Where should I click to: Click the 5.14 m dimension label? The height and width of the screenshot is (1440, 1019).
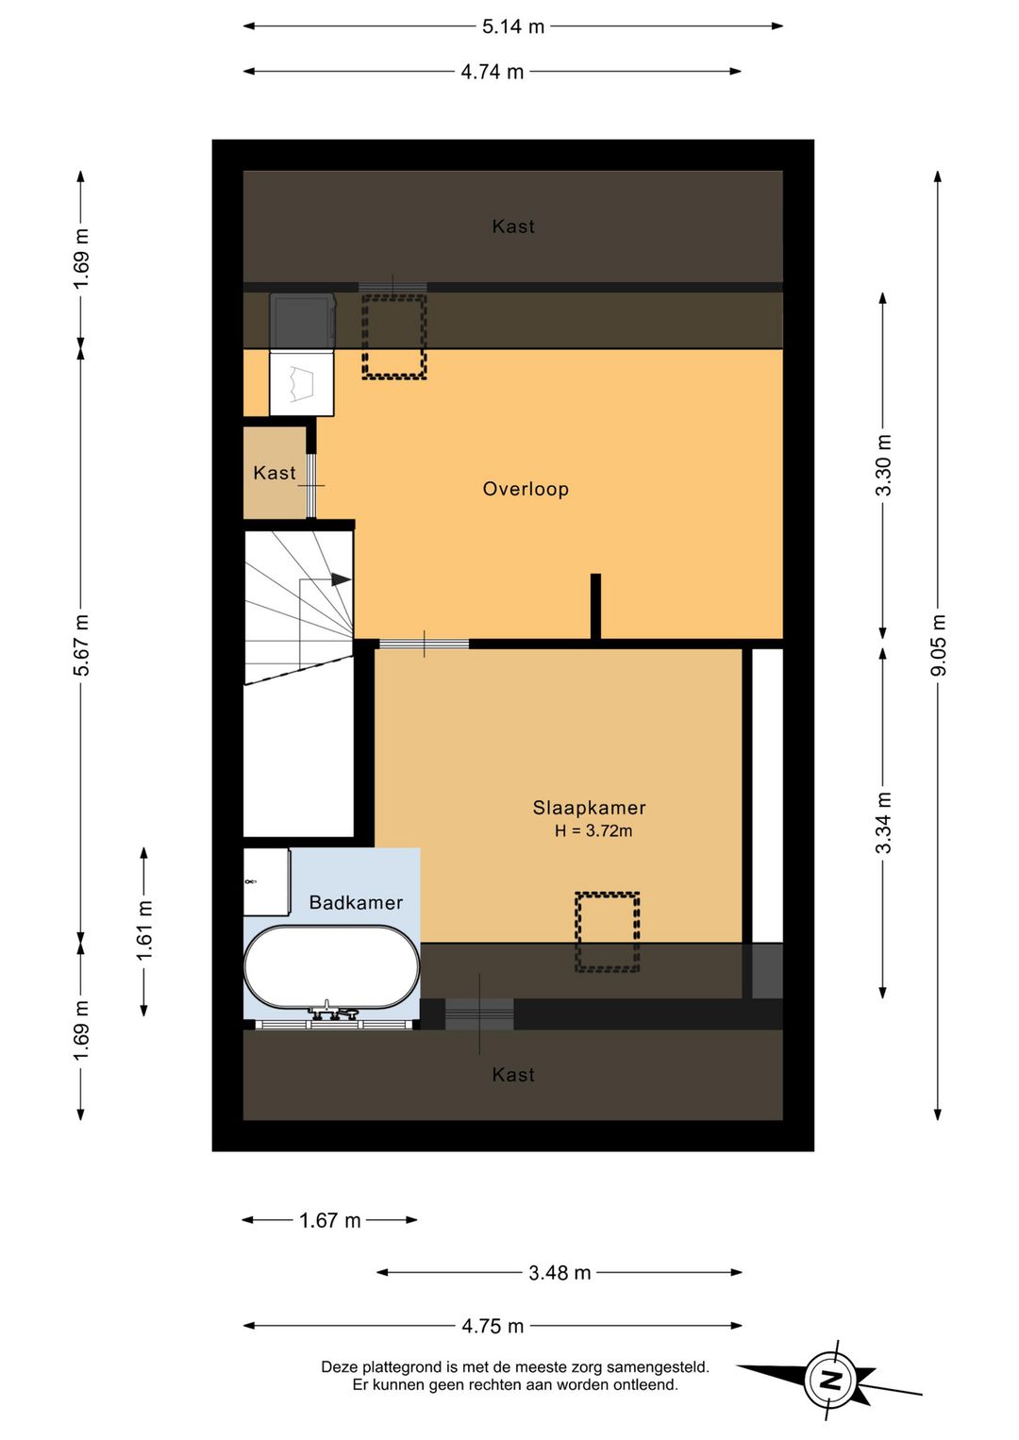513,26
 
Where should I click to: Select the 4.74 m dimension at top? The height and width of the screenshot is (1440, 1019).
492,72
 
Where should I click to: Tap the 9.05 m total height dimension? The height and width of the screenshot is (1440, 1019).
938,645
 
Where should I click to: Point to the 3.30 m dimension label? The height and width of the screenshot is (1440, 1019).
883,465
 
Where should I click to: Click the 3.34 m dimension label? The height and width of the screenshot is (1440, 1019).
883,823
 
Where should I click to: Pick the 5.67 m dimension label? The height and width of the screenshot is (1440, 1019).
82,645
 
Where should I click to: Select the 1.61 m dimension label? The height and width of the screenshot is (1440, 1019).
144,930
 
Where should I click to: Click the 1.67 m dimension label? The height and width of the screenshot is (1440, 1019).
330,1220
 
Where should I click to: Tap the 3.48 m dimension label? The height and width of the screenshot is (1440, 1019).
560,1273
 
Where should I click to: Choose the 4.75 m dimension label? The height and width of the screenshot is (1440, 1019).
493,1326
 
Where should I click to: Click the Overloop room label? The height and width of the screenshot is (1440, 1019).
526,489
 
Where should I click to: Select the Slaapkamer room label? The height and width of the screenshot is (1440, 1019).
589,808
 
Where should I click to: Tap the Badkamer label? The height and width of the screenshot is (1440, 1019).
356,903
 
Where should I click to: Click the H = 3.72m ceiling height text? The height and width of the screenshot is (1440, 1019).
593,831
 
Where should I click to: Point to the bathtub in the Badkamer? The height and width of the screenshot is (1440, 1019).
331,967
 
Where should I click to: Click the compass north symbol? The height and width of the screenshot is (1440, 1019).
830,1381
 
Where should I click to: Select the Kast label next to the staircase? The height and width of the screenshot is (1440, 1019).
275,473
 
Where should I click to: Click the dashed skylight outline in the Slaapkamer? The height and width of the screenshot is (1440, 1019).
608,931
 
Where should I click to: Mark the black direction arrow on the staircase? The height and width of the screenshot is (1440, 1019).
341,579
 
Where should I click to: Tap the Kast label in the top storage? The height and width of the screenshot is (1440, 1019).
513,226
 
